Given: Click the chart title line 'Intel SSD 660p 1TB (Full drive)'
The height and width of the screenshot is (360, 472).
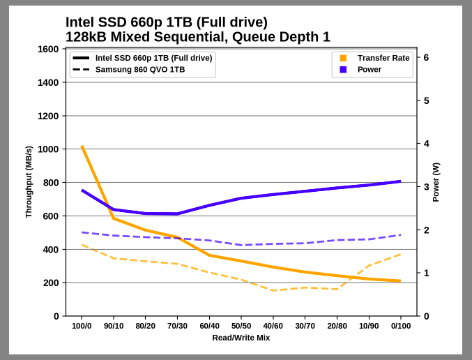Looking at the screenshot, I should pyautogui.click(x=166, y=22).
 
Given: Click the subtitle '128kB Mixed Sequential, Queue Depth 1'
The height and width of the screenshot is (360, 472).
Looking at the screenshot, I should pyautogui.click(x=197, y=37).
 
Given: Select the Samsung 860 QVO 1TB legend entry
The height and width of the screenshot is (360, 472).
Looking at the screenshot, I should pyautogui.click(x=139, y=70).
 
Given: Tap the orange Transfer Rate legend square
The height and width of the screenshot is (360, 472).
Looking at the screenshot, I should pyautogui.click(x=343, y=58).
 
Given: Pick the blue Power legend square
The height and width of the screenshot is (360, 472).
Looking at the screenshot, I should pyautogui.click(x=343, y=70).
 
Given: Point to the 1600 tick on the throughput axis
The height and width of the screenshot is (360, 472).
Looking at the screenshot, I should pyautogui.click(x=47, y=49).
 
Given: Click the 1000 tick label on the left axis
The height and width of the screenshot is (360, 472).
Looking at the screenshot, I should pyautogui.click(x=47, y=149).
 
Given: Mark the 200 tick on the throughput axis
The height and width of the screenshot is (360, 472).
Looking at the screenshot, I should pyautogui.click(x=50, y=283).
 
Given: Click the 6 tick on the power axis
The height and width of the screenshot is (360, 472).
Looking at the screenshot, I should pyautogui.click(x=426, y=58).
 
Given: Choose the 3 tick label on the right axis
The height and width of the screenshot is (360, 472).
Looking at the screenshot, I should pyautogui.click(x=426, y=187).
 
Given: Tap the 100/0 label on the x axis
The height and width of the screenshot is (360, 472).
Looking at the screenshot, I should pyautogui.click(x=82, y=326).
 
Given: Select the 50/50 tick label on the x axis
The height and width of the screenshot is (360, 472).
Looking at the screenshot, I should pyautogui.click(x=241, y=326).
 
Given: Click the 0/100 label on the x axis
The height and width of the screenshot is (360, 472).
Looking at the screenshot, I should pyautogui.click(x=401, y=326).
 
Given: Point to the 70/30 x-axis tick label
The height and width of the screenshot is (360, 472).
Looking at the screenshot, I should pyautogui.click(x=177, y=326).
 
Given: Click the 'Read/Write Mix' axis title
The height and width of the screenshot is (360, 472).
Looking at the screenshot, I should pyautogui.click(x=241, y=338).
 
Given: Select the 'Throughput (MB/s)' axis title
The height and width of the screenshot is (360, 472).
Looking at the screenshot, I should pyautogui.click(x=29, y=182).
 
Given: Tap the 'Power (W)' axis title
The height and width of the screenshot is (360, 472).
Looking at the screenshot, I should pyautogui.click(x=436, y=182).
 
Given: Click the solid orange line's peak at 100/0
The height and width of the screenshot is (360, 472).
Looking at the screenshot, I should pyautogui.click(x=82, y=147).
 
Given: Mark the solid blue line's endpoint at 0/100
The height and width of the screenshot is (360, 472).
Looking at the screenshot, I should pyautogui.click(x=401, y=181).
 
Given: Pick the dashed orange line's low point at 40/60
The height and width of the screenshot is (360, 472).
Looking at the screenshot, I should pyautogui.click(x=273, y=290).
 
